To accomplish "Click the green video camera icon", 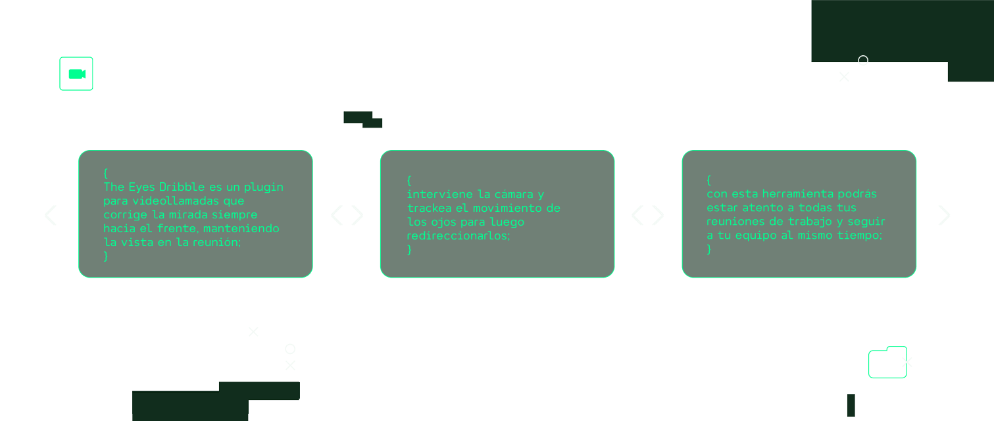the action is pyautogui.click(x=77, y=74).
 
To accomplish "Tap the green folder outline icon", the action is pyautogui.click(x=887, y=362).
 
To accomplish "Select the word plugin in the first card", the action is pyautogui.click(x=263, y=187).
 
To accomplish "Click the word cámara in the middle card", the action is pyautogui.click(x=513, y=194).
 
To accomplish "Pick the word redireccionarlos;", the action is pyautogui.click(x=459, y=235).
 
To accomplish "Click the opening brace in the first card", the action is pyautogui.click(x=106, y=173).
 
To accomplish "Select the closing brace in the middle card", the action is pyautogui.click(x=409, y=250).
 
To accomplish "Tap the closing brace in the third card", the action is pyautogui.click(x=709, y=249).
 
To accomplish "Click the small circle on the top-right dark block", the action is pyautogui.click(x=863, y=60).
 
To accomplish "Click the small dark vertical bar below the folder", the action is pyautogui.click(x=851, y=405).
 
